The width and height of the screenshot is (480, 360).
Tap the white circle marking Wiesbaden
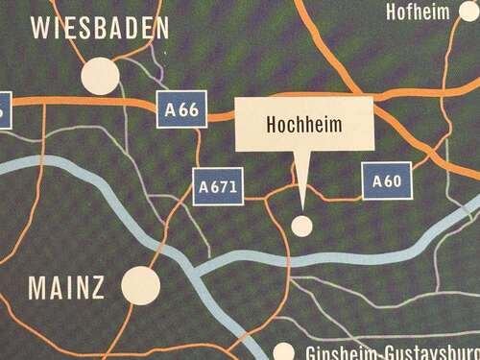click(x=101, y=76)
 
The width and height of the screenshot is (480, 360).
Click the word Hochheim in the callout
click(x=303, y=125)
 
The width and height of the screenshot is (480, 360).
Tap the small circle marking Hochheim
click(x=302, y=226)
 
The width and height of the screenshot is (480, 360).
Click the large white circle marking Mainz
click(x=141, y=285)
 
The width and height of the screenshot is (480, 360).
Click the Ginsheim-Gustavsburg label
click(x=390, y=352)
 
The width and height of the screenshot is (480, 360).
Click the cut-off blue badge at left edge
click(x=4, y=107)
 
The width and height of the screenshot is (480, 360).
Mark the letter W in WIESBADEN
click(x=42, y=28)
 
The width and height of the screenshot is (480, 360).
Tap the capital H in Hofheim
click(x=393, y=12)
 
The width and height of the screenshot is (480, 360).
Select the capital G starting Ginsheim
click(x=311, y=353)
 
